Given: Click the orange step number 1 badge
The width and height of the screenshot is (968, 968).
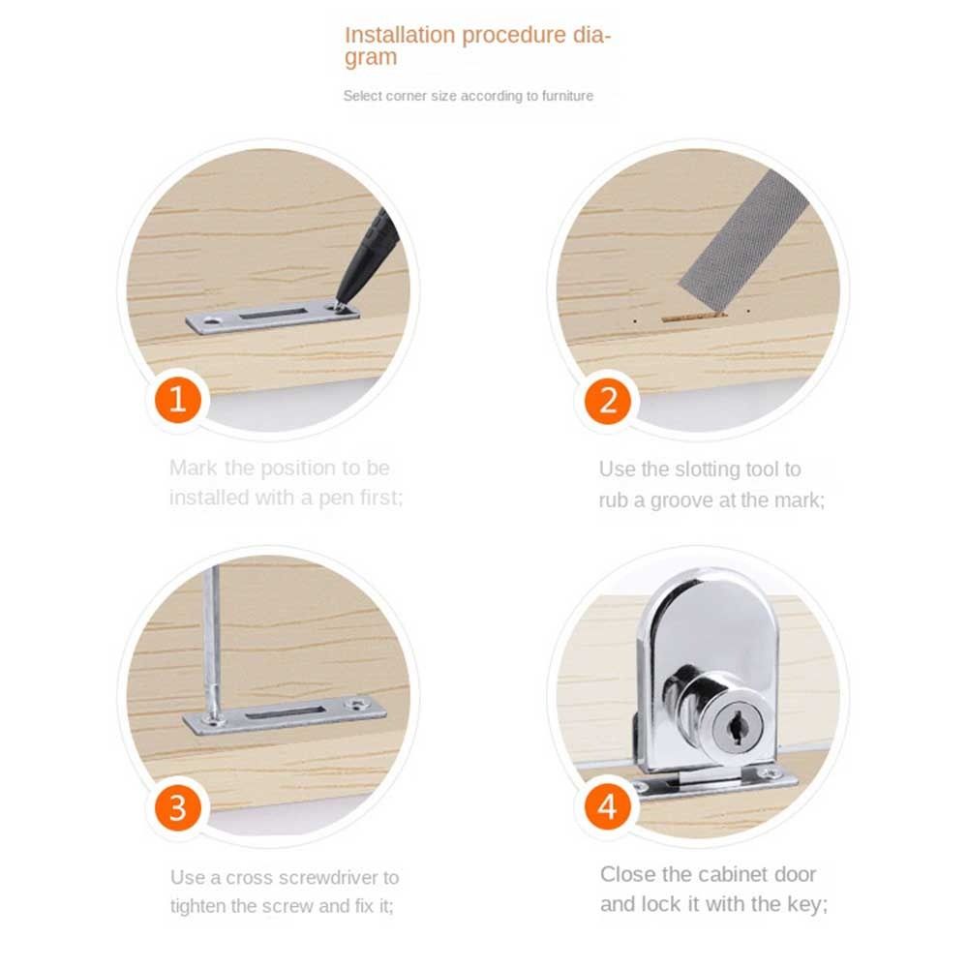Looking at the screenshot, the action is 178,400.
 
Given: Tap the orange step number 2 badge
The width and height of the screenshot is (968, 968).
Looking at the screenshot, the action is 608,401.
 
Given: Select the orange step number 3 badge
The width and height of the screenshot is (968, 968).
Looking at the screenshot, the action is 178,807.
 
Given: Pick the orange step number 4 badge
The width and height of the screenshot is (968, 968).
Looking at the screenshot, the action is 608,807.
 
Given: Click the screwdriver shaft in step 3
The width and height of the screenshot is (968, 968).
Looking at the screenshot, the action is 214,642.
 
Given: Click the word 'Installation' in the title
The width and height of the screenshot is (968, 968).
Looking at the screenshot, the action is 400,35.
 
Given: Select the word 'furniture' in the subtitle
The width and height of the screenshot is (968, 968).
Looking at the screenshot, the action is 567,96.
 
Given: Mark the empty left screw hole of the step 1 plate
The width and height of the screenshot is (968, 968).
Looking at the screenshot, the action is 214,321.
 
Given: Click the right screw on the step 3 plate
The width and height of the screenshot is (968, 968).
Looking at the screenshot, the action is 357,704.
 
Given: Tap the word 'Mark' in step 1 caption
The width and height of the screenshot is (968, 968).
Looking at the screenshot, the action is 194,468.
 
